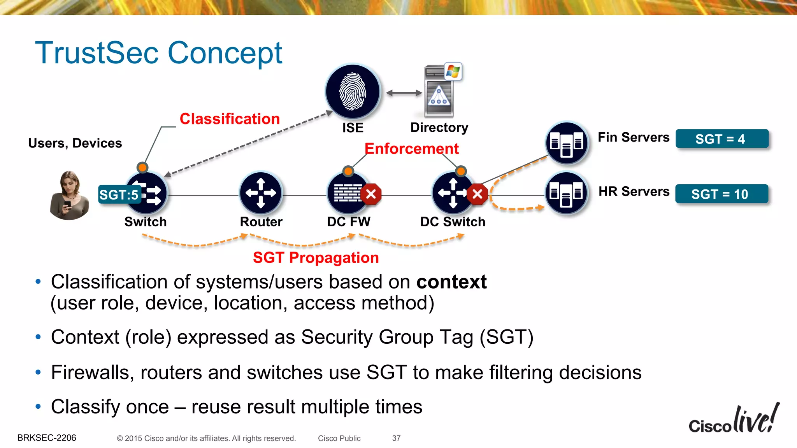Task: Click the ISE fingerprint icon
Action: click(x=353, y=92)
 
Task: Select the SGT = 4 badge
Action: click(x=722, y=139)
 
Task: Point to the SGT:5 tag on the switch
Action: click(x=119, y=194)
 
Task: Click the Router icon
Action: click(x=261, y=193)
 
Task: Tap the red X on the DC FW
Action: click(x=371, y=194)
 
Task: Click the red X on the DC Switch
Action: click(x=477, y=194)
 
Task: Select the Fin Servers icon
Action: click(x=567, y=143)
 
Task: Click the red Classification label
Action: click(x=230, y=119)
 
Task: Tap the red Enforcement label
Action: click(x=411, y=149)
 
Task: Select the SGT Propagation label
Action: click(x=316, y=258)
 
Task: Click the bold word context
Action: click(x=451, y=282)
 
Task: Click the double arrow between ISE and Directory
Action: click(x=404, y=93)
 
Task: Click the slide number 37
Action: click(x=396, y=438)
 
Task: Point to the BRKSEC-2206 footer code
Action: click(x=47, y=438)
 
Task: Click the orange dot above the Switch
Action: click(x=142, y=168)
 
